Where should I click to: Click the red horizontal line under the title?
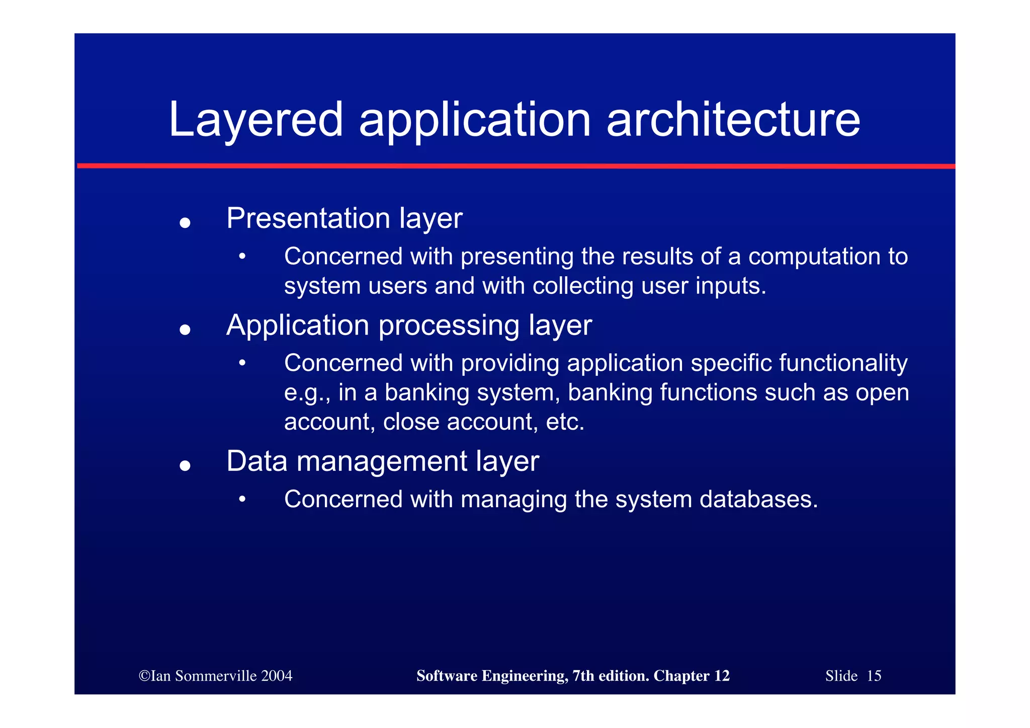[x=516, y=166]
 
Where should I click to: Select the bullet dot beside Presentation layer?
[x=185, y=222]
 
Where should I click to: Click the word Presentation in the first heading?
[x=308, y=218]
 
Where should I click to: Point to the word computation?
[x=814, y=257]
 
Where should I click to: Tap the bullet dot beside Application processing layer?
[x=185, y=330]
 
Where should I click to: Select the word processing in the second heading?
[x=449, y=326]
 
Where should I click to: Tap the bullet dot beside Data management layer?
[x=185, y=465]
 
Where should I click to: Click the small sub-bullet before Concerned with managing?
[x=242, y=499]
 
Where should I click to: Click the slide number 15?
[x=874, y=676]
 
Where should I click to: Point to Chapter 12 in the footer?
[x=692, y=676]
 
